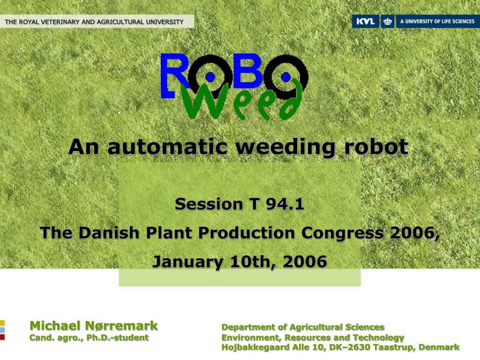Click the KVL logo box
click(365, 22)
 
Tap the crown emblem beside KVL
click(387, 22)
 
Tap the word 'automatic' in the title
click(168, 147)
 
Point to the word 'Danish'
click(109, 233)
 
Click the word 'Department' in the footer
click(248, 327)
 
